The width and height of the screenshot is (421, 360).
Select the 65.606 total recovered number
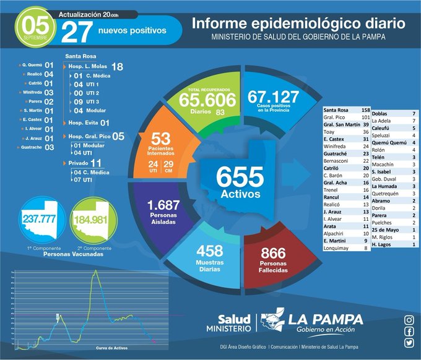(x=207, y=100)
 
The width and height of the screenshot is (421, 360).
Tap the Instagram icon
(x=409, y=320)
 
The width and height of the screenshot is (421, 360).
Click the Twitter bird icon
(x=409, y=344)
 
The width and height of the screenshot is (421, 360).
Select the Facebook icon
(x=409, y=332)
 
